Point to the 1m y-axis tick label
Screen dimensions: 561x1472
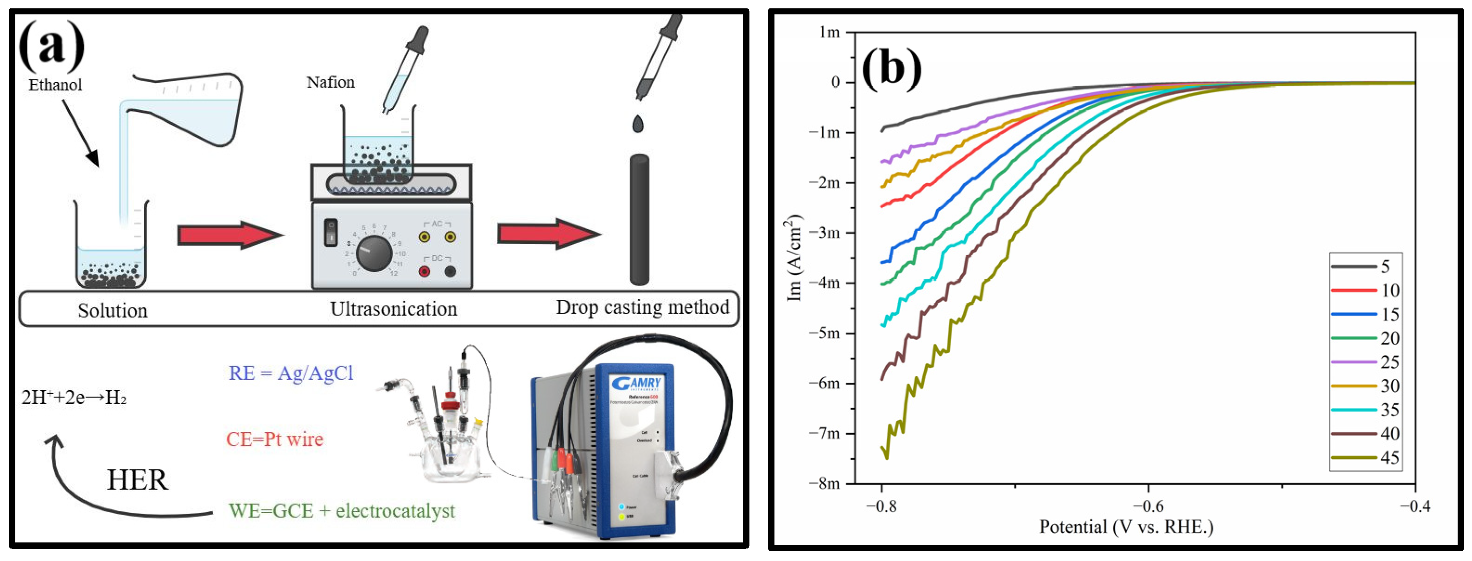[x=829, y=32]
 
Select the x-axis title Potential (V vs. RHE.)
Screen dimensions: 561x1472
[x=1126, y=527]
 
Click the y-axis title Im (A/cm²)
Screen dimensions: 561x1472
[x=794, y=258]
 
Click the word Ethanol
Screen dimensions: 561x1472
[x=56, y=85]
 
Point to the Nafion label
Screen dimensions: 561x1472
[x=330, y=82]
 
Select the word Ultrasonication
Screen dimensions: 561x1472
[x=393, y=309]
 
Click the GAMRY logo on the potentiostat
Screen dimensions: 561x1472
[x=635, y=383]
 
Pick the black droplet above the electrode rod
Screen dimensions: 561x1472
[x=638, y=123]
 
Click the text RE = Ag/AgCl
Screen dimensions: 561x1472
[x=291, y=373]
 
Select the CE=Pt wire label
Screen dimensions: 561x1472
[x=274, y=439]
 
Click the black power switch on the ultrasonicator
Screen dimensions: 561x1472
[x=330, y=232]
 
